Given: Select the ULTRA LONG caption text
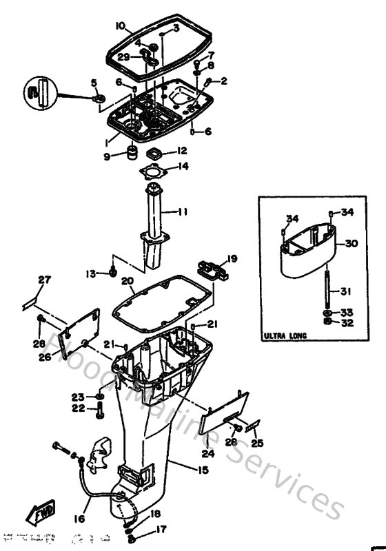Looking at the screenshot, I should (x=284, y=336).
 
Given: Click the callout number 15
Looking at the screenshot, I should (x=203, y=470).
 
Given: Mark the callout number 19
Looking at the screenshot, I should (x=232, y=259).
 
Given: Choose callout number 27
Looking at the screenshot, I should (x=44, y=280).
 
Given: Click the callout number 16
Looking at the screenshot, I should (x=80, y=519).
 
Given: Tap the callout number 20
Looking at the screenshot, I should (x=127, y=280).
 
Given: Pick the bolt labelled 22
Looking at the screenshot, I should (x=101, y=411).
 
